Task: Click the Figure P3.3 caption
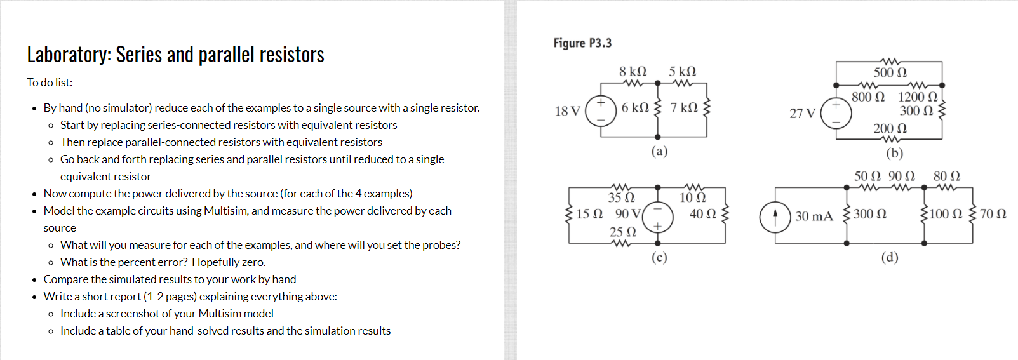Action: click(582, 43)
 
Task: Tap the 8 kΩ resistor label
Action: click(633, 72)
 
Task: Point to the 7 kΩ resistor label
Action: click(684, 108)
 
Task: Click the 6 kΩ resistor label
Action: click(635, 108)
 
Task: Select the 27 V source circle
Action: click(836, 113)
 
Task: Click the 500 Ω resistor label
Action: click(890, 72)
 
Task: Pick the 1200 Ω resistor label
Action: click(917, 97)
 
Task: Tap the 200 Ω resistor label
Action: click(890, 128)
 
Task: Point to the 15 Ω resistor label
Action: click(589, 214)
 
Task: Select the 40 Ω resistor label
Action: click(702, 214)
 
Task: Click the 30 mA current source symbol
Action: click(775, 217)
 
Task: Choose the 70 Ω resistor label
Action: click(993, 214)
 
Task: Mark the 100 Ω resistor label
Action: click(946, 214)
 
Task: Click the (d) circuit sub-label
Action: click(889, 257)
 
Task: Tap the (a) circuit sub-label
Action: click(659, 151)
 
